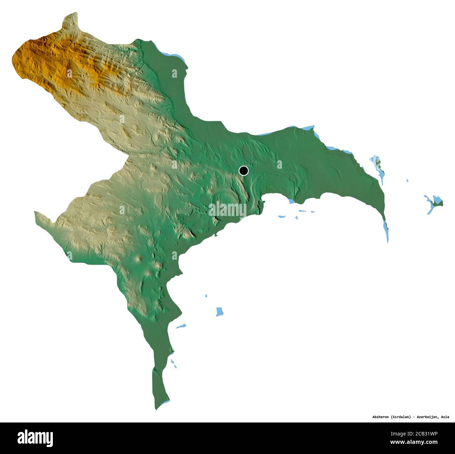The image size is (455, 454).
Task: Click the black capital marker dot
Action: (x=244, y=171)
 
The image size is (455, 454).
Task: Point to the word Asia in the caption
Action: (x=445, y=417)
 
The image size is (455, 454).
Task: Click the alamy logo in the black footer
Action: (x=35, y=438)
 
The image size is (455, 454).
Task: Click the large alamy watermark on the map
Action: (x=227, y=210)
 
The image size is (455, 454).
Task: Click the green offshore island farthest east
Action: (x=437, y=201)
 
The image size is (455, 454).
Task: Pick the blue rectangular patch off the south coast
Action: (x=220, y=311)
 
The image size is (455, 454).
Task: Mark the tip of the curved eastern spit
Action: (x=387, y=241)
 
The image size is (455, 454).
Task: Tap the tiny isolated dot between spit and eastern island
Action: (x=407, y=180)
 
